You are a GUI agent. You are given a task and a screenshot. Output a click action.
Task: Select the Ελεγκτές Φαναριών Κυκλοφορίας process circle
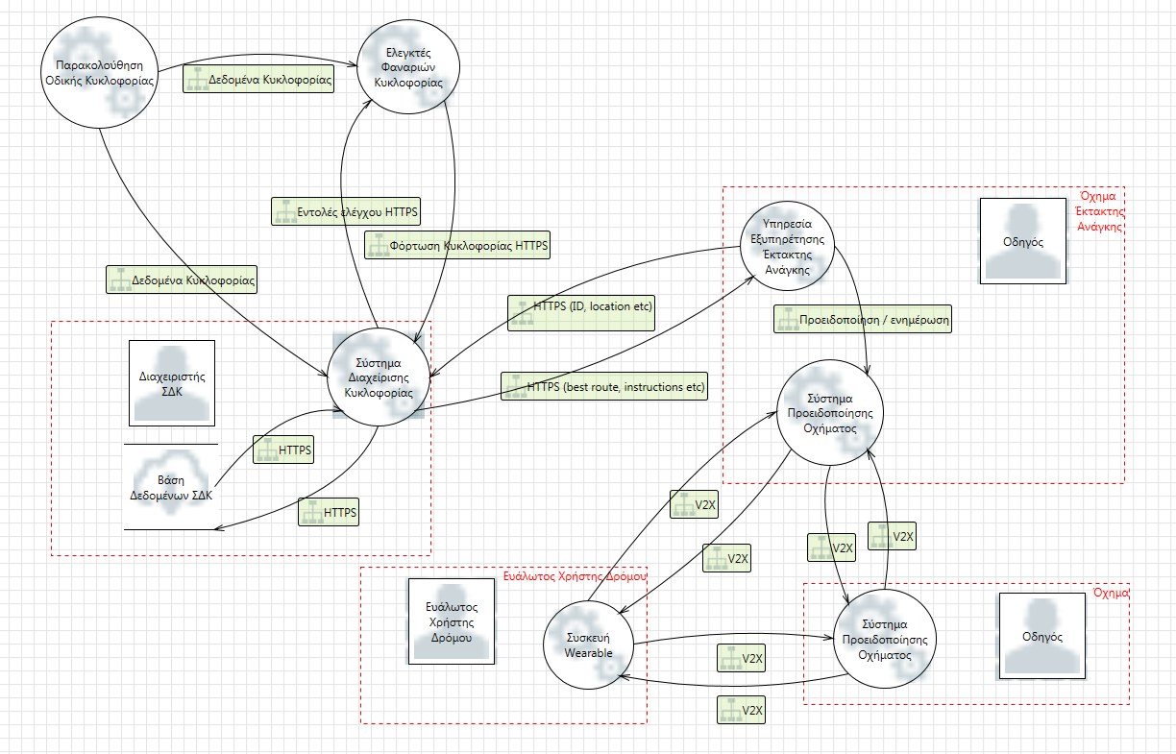408,67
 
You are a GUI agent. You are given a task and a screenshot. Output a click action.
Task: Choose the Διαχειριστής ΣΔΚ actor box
172,382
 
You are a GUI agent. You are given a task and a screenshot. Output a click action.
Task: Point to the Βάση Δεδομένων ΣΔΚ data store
171,487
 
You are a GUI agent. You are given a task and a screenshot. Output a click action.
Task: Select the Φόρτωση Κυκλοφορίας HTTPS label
457,246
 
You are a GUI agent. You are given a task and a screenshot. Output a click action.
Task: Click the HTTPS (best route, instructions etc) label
604,387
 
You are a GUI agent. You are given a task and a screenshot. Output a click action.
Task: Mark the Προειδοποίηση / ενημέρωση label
862,320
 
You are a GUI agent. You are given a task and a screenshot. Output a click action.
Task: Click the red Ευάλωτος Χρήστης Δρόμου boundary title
575,575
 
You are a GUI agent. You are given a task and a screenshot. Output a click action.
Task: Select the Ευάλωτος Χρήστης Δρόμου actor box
451,621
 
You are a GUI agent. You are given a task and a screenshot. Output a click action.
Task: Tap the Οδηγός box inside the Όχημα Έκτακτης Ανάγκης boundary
1022,240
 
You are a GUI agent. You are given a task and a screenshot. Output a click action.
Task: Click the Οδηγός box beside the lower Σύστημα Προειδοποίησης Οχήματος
1042,636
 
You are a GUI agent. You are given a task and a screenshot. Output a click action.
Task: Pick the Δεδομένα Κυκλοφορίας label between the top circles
258,81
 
